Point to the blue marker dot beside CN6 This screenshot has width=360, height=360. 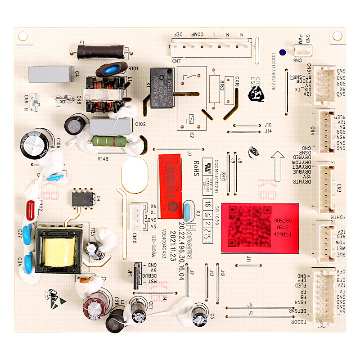(282, 52)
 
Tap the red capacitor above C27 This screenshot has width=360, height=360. (30, 209)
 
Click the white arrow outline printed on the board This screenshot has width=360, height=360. (277, 159)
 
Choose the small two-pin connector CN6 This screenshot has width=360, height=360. (302, 52)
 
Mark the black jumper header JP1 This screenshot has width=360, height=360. (137, 272)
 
